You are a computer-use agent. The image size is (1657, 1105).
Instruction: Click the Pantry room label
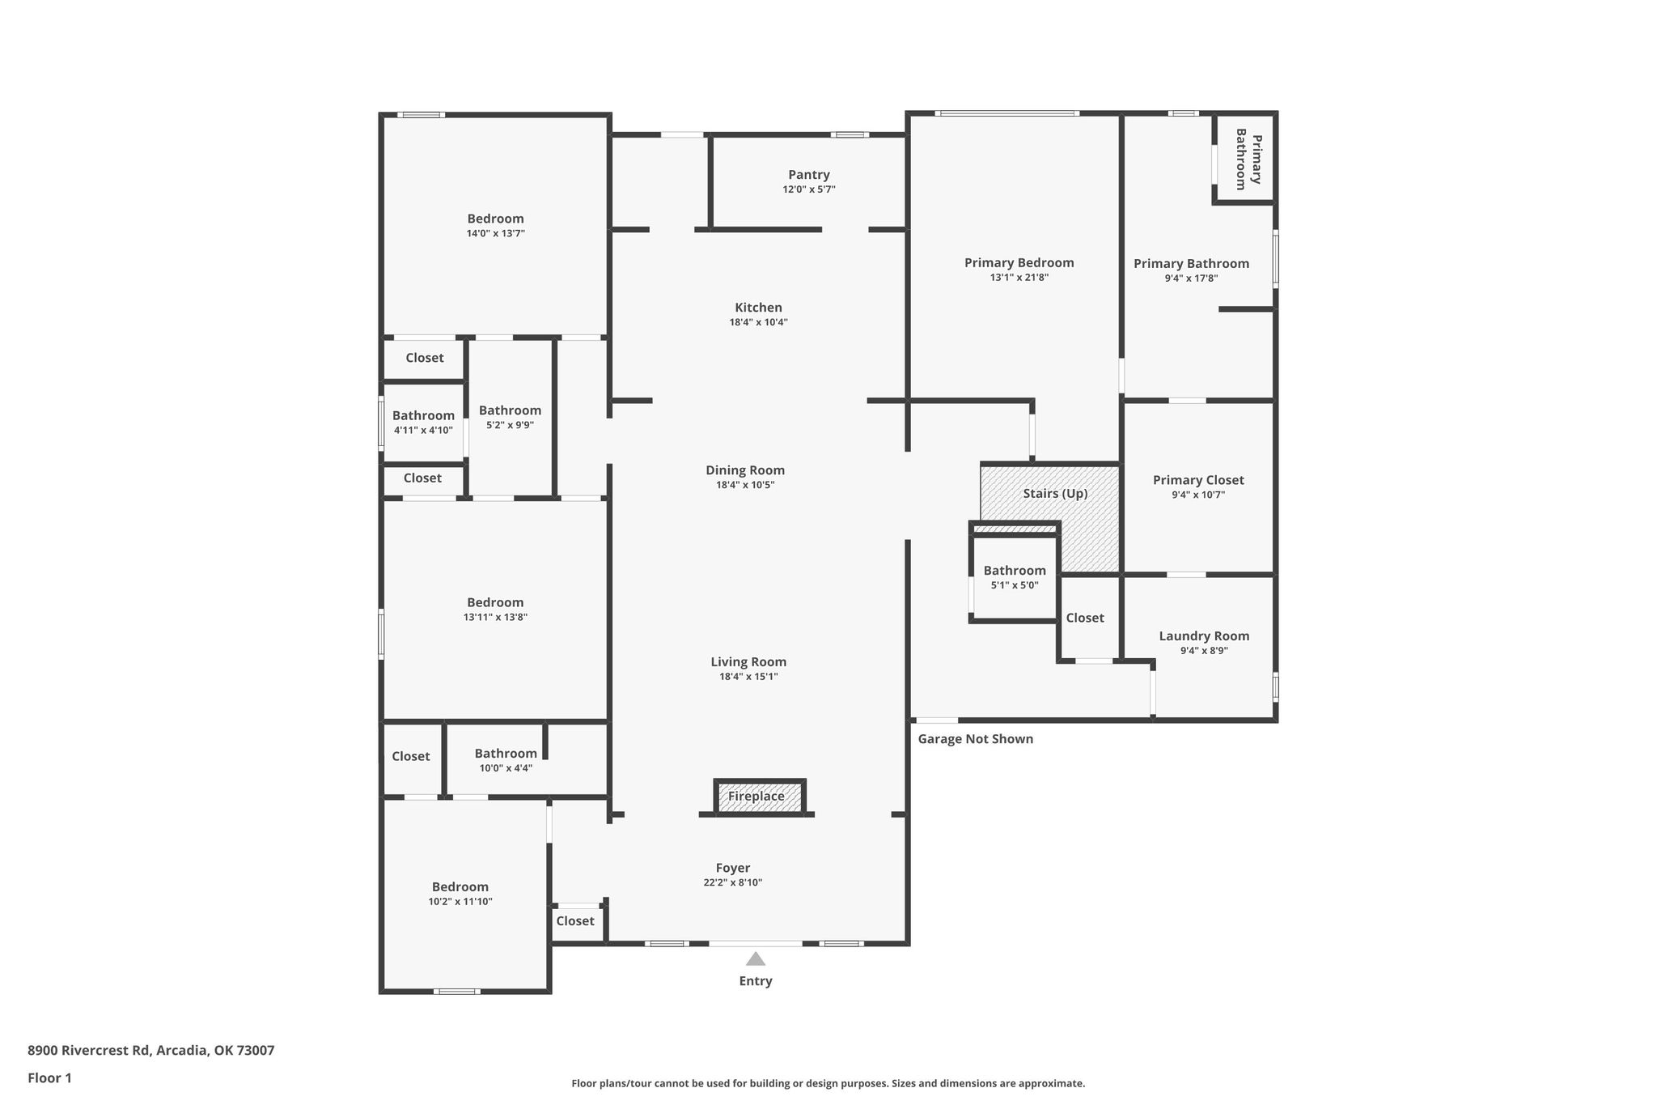[x=809, y=175]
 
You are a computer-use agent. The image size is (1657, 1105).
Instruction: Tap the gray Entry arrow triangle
[x=756, y=959]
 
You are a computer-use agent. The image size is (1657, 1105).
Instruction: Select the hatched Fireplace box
[x=759, y=797]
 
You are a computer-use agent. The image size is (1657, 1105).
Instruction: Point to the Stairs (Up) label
[x=1055, y=494]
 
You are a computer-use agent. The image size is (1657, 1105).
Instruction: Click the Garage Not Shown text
[x=975, y=739]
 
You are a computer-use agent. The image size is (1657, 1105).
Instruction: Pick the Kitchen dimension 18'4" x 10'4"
[x=758, y=322]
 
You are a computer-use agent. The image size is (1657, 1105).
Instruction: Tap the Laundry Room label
[x=1204, y=636]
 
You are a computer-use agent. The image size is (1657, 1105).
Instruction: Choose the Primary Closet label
[x=1198, y=480]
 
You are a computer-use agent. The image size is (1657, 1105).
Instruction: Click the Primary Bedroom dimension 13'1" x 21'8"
[x=1019, y=278]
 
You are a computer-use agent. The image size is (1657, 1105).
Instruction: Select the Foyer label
[x=733, y=869]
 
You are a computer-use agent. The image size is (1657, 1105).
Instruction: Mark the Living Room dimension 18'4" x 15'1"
[x=748, y=677]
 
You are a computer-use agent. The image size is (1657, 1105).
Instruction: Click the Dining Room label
[x=745, y=470]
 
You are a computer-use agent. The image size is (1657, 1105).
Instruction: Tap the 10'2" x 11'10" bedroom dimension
[x=460, y=902]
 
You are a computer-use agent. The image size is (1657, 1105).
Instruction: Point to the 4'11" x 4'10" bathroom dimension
[x=423, y=431]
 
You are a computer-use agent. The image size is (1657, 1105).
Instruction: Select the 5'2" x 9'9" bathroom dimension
[x=510, y=425]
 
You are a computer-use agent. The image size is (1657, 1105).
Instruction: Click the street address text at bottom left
[x=151, y=1051]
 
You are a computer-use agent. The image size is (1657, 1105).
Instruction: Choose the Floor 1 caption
[x=49, y=1078]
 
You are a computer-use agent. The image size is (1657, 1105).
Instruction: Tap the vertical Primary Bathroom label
[x=1248, y=159]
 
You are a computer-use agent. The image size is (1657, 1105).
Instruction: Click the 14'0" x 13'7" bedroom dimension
[x=495, y=233]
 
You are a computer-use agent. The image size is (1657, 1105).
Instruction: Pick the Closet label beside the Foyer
[x=575, y=921]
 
